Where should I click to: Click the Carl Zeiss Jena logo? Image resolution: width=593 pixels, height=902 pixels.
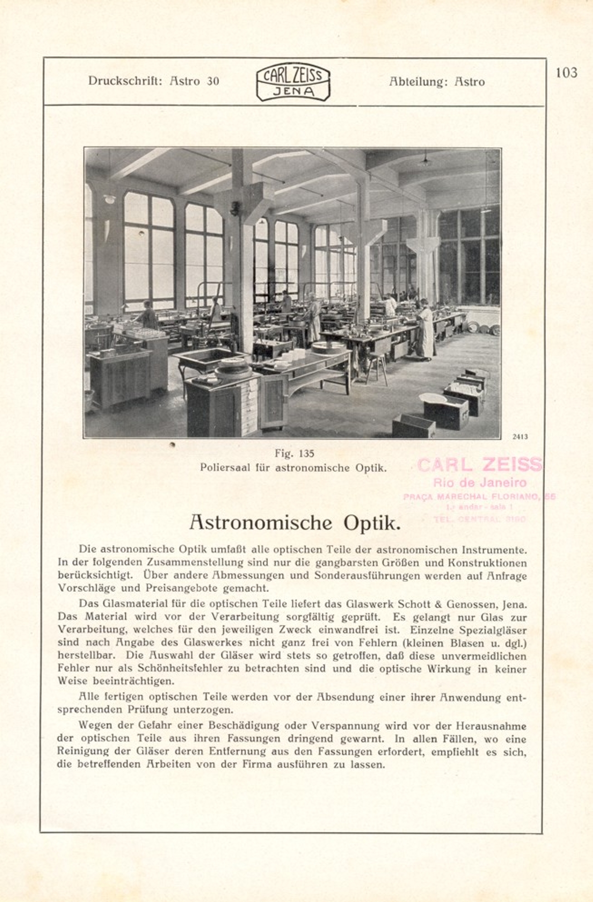point(293,82)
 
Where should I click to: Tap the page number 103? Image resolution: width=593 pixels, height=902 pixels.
point(566,73)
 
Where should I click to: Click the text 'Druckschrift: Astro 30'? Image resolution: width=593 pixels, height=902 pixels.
point(153,81)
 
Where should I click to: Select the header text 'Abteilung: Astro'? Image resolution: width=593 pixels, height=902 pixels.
point(437,82)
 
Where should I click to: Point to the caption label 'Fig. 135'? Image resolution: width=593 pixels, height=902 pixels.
point(294,454)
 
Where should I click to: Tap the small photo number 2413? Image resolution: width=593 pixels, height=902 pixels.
point(520,437)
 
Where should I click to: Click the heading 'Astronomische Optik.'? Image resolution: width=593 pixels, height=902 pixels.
point(295,523)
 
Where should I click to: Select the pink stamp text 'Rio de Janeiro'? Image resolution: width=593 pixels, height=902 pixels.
point(480,482)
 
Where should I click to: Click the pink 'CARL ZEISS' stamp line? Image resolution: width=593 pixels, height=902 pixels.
point(479,465)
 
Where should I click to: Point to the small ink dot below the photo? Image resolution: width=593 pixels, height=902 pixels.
point(172,445)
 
